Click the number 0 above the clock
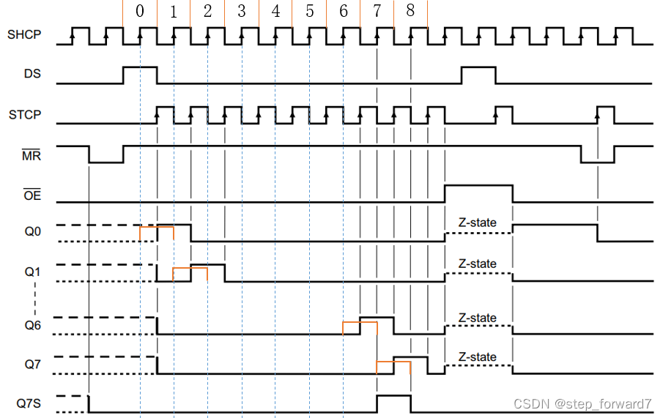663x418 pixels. (140, 12)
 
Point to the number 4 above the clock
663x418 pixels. (275, 12)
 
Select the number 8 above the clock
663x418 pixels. (410, 12)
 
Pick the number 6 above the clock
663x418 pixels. (344, 12)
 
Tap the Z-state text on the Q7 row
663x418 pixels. (478, 357)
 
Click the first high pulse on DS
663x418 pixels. (140, 75)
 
